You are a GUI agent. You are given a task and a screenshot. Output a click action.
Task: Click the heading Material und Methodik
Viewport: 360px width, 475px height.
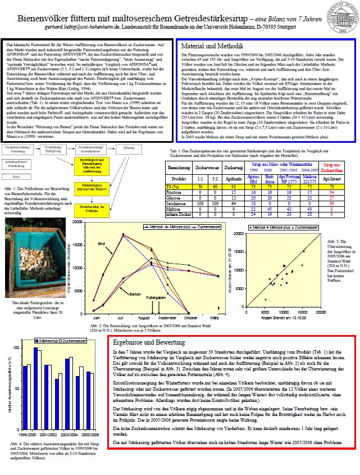[x=210, y=46]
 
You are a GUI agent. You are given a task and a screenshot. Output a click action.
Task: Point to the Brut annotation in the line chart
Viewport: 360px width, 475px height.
[x=102, y=243]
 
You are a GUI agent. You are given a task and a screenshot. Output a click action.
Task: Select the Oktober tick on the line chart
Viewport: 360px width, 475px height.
[x=186, y=319]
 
